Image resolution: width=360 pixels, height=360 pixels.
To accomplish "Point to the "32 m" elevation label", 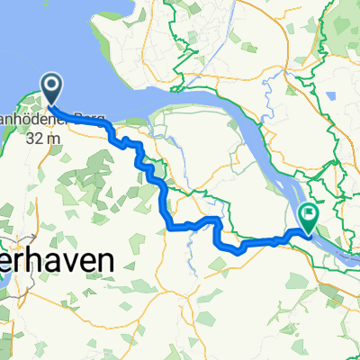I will pos(46,139).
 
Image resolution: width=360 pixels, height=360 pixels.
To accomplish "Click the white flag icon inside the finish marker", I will pos(310,214).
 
